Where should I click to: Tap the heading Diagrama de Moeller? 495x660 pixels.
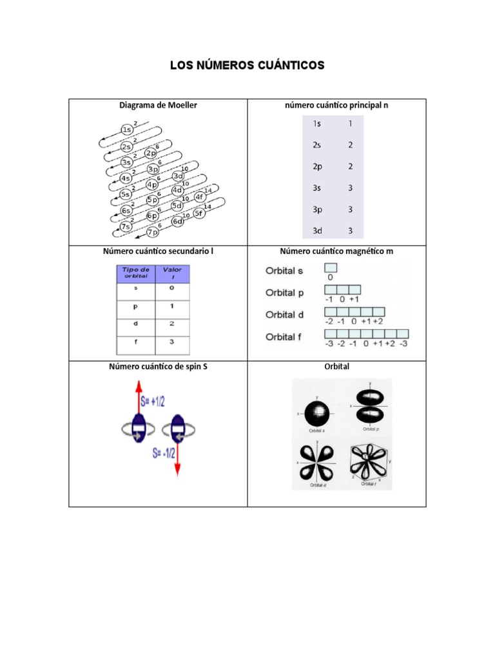158,105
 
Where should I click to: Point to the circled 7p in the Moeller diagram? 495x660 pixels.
153,233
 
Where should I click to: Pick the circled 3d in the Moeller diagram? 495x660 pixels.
178,176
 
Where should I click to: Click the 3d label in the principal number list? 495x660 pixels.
318,230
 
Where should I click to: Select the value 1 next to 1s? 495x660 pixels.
350,123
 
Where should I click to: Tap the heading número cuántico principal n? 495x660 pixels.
336,105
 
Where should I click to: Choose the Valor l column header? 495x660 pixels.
171,273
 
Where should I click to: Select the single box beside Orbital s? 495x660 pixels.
331,267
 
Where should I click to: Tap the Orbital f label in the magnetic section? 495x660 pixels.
284,336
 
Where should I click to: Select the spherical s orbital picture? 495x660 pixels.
315,412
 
